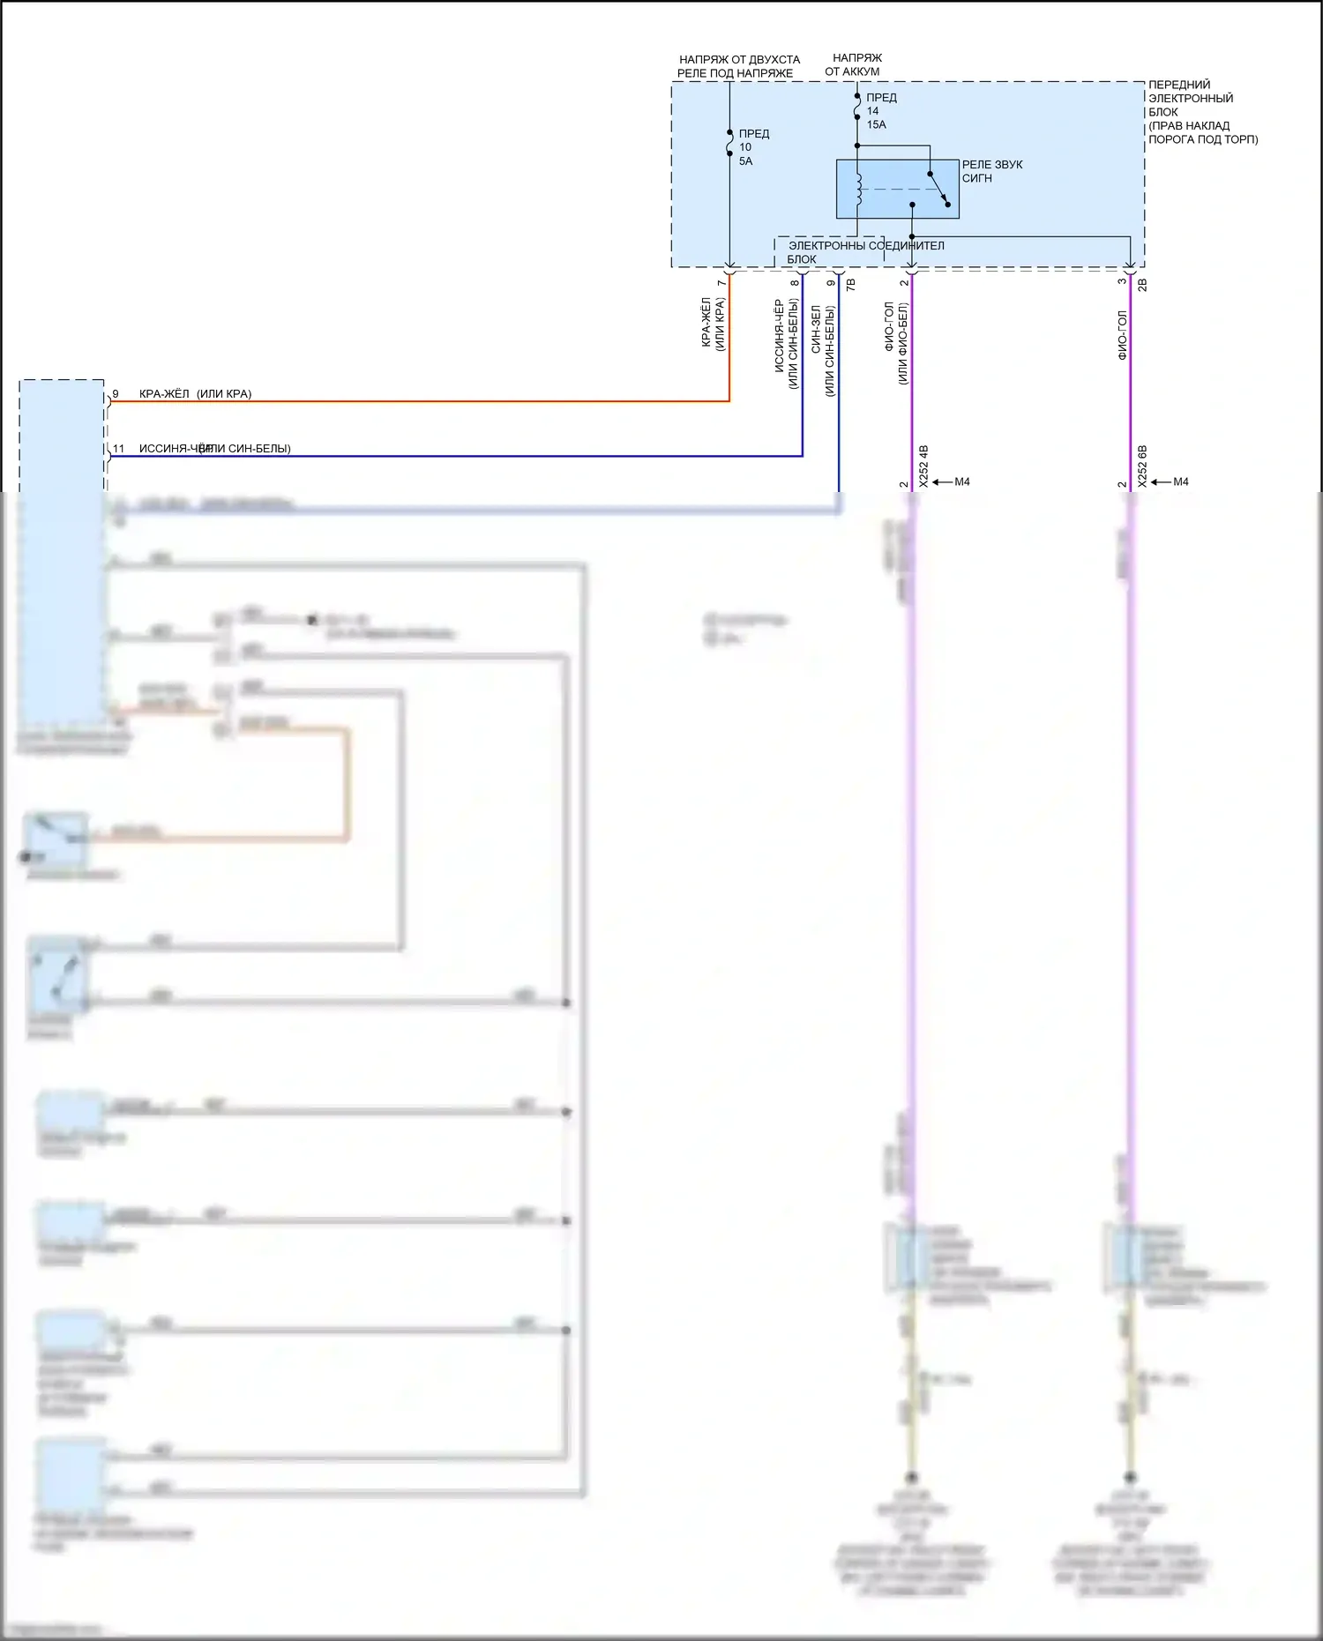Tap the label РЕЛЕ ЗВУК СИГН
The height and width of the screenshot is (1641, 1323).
tap(991, 171)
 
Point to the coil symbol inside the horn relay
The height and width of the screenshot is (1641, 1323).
tap(858, 189)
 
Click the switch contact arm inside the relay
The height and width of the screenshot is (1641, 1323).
tap(939, 189)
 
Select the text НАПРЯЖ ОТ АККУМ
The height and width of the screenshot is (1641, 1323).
tap(854, 64)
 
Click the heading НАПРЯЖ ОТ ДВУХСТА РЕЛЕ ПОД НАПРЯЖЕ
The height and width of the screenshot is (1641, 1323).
tap(738, 66)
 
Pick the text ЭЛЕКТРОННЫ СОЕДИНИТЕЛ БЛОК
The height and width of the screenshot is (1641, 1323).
tap(864, 251)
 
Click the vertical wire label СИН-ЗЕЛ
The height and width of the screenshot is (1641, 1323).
tap(816, 330)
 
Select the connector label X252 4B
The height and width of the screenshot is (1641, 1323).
tap(923, 466)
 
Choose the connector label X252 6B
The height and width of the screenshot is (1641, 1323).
tap(1142, 466)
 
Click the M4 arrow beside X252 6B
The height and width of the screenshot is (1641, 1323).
tap(1172, 481)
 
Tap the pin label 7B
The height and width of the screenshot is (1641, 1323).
tap(851, 285)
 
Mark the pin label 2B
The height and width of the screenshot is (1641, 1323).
tap(1142, 285)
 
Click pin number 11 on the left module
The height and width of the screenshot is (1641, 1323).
tap(118, 449)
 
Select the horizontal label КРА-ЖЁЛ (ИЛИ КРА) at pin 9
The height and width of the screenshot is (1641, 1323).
tap(195, 394)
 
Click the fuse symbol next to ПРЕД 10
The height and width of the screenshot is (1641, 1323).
tap(729, 143)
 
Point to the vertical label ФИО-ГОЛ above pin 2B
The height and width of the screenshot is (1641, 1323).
tap(1122, 335)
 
